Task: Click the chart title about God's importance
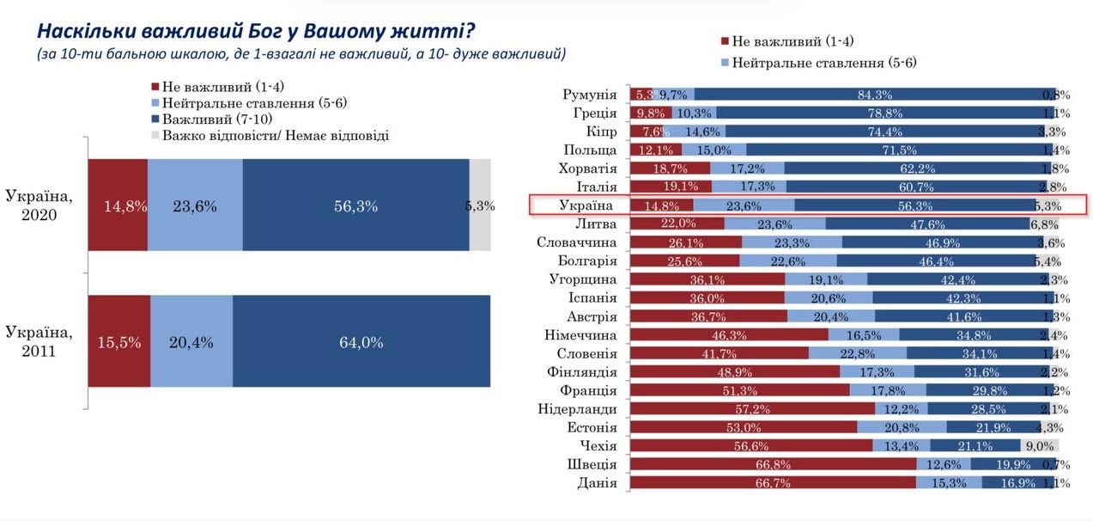[x=255, y=31]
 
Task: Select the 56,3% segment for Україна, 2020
[x=355, y=205]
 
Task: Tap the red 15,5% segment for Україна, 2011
[x=119, y=341]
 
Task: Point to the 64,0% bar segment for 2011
[x=361, y=341]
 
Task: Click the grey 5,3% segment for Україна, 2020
[x=480, y=205]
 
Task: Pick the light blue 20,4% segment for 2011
[x=191, y=341]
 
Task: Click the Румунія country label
[x=589, y=95]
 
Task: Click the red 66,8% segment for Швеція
[x=773, y=464]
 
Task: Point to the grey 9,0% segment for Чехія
[x=1039, y=445]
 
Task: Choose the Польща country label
[x=592, y=150]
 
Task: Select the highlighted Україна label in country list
[x=586, y=205]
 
